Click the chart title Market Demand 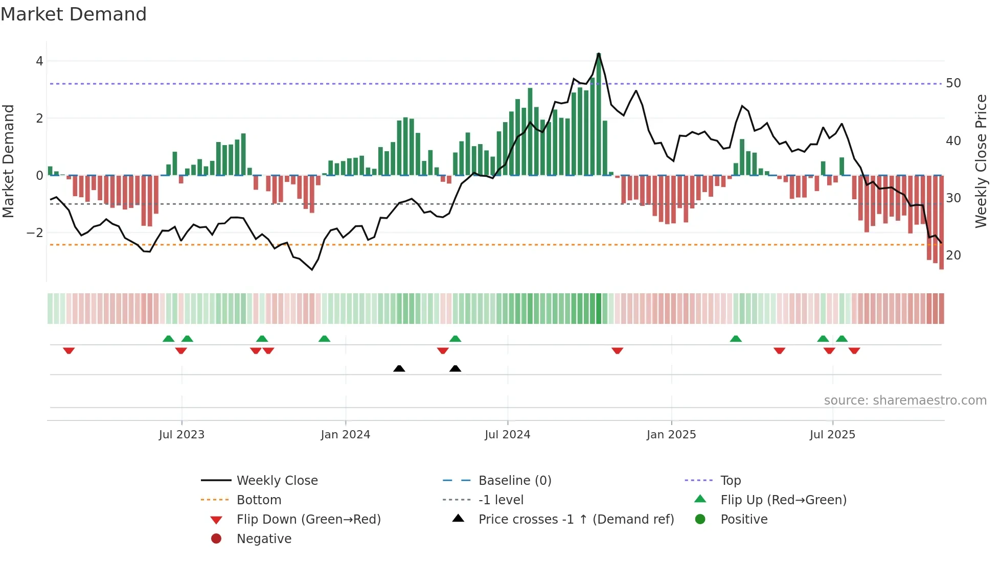coord(74,14)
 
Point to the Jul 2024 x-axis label coord(507,435)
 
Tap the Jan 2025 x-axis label coord(671,435)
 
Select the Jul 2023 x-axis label coord(181,435)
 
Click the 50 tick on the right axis coord(953,83)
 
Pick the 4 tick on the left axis coord(39,61)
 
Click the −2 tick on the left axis coord(35,233)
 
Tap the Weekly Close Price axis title coord(981,161)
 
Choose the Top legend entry coord(730,481)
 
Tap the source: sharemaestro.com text coord(905,401)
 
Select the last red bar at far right coord(941,222)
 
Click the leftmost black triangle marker coord(399,368)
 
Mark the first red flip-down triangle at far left coord(69,350)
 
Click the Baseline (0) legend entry coord(514,481)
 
